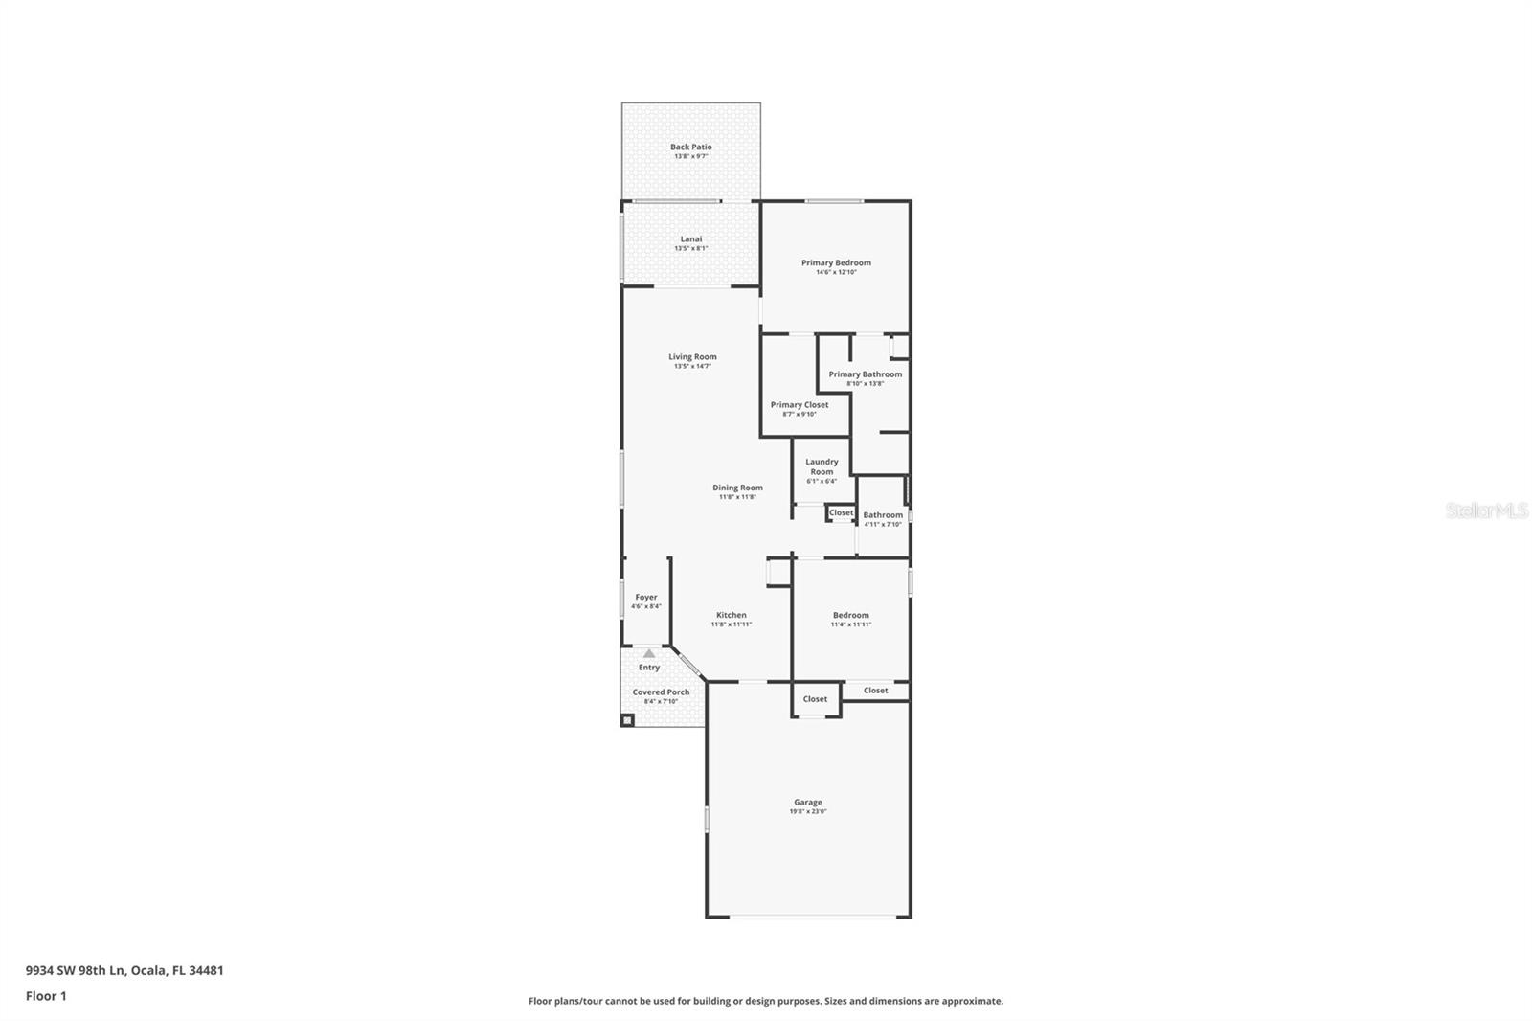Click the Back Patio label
point(690,147)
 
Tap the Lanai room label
point(690,239)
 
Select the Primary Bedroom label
point(836,263)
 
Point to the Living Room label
point(692,357)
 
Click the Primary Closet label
point(800,405)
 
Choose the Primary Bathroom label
point(865,374)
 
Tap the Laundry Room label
point(822,466)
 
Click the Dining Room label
point(737,488)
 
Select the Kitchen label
point(731,615)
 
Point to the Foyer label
point(646,598)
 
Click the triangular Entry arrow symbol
point(649,654)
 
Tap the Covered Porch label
point(661,692)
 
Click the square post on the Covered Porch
point(627,719)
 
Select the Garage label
point(807,803)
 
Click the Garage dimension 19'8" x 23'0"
point(807,812)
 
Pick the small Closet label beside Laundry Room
point(841,513)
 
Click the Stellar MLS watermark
point(1486,510)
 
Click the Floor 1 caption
point(46,996)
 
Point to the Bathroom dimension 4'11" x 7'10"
point(882,525)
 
